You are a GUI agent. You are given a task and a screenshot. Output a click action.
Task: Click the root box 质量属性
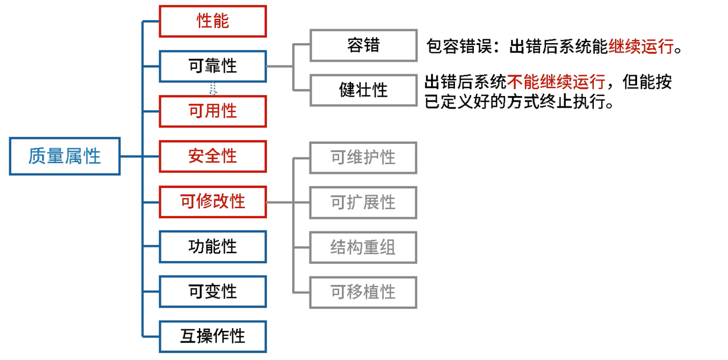click(x=65, y=156)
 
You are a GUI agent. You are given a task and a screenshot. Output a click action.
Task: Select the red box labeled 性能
click(x=213, y=21)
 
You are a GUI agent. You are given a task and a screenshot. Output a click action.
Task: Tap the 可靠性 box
click(x=213, y=66)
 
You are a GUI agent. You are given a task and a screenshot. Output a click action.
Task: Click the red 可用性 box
click(x=213, y=111)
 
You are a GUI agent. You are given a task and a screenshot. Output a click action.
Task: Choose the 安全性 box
click(x=213, y=156)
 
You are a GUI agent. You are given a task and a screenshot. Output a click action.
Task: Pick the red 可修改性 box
click(x=213, y=201)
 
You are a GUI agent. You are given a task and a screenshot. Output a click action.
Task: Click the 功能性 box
click(x=213, y=246)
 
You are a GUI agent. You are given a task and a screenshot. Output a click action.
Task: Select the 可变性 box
click(x=213, y=291)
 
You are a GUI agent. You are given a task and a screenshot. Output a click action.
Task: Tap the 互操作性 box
click(x=213, y=336)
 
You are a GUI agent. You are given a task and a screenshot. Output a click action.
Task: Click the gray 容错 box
click(x=363, y=45)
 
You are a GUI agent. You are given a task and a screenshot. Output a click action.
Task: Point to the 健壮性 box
click(x=363, y=90)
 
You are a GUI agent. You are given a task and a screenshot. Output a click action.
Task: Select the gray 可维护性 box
click(x=363, y=157)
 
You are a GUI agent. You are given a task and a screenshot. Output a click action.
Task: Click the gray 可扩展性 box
click(x=363, y=202)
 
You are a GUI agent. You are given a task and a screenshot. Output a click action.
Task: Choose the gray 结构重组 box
click(x=363, y=247)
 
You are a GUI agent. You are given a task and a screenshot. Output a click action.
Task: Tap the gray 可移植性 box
click(x=363, y=292)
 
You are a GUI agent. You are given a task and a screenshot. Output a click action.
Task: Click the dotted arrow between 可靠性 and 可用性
click(x=213, y=89)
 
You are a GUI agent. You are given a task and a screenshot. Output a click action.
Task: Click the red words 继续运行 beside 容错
click(x=640, y=47)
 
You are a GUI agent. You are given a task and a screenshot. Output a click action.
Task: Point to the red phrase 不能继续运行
click(x=556, y=82)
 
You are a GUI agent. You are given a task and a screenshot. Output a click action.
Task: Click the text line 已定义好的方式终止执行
click(x=519, y=103)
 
